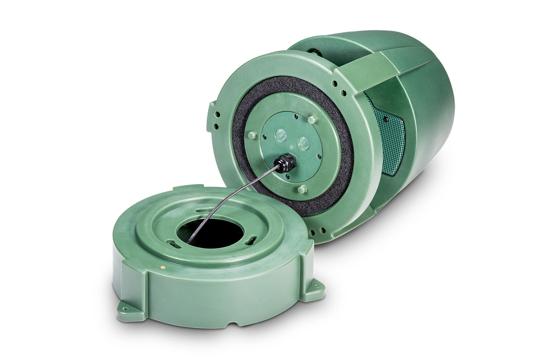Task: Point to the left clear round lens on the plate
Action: coord(281,135)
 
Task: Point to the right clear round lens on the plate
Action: coord(302,142)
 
